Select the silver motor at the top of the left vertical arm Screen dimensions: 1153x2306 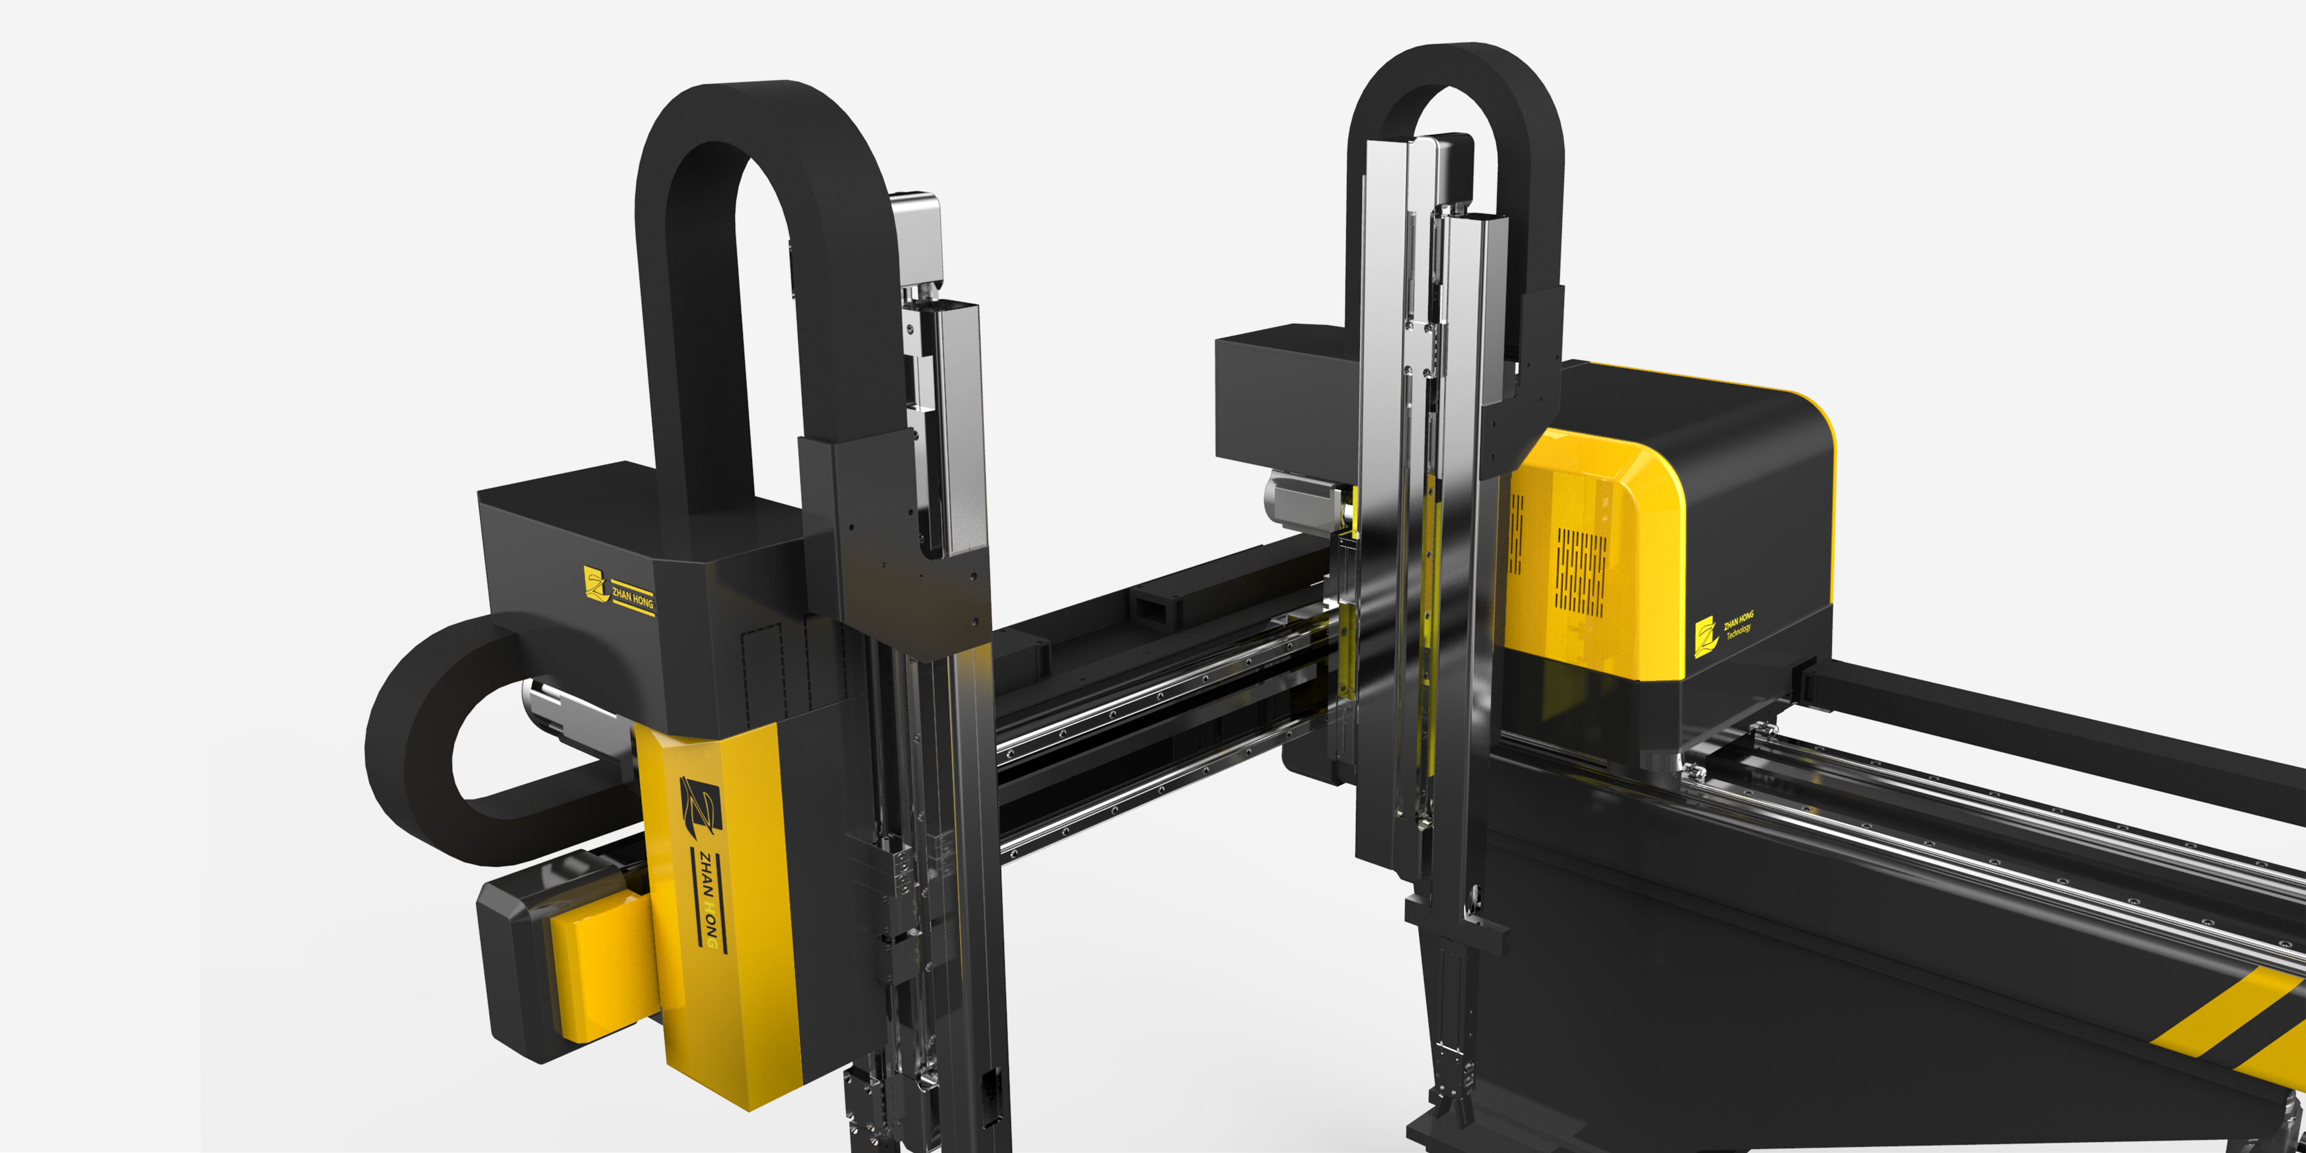pyautogui.click(x=916, y=238)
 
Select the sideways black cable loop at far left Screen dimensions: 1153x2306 pyautogui.click(x=421, y=752)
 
